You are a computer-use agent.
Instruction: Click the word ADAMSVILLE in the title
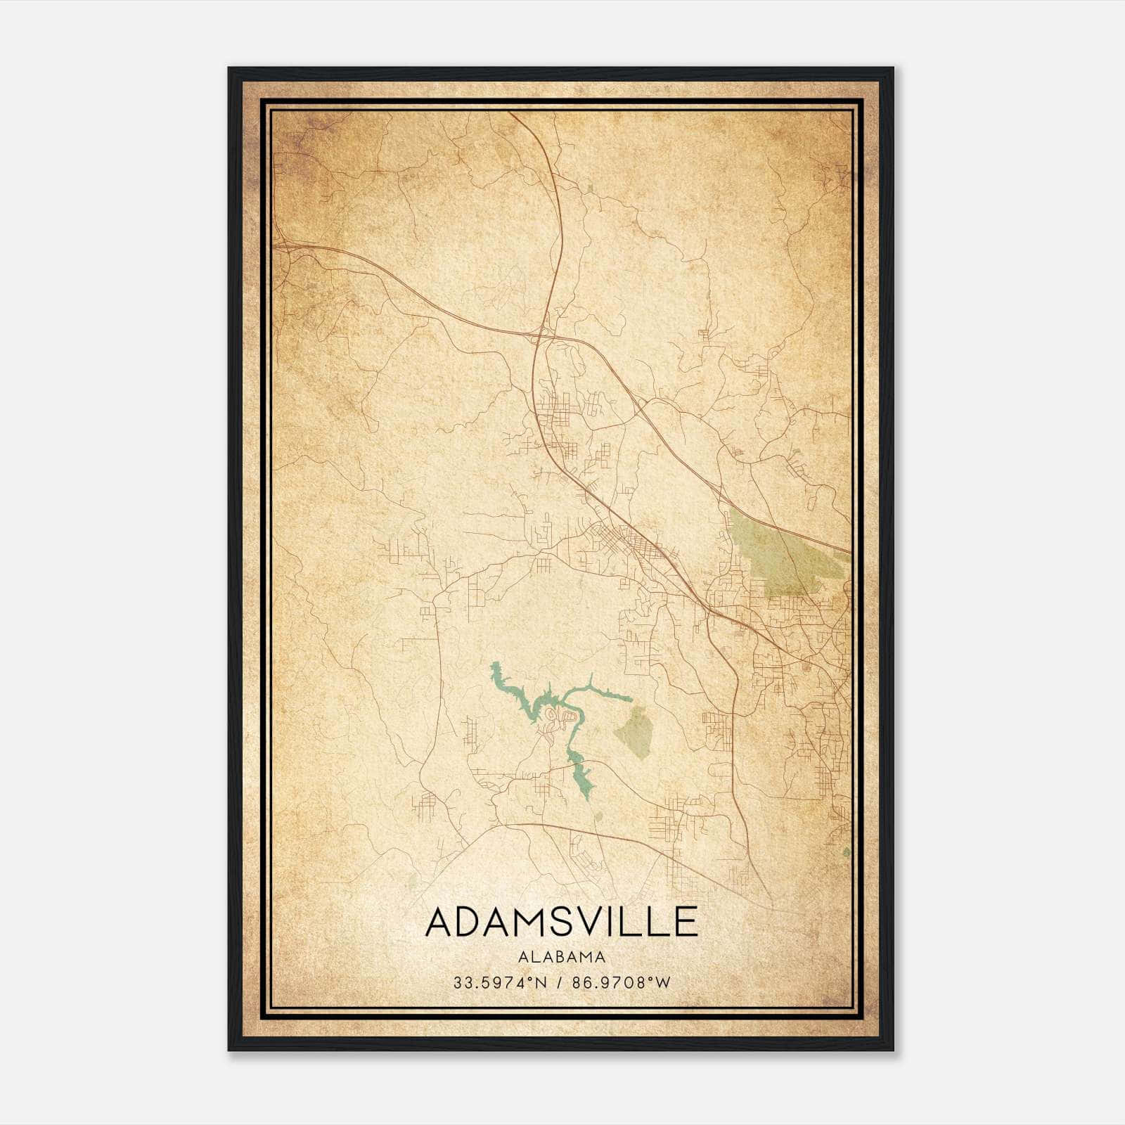(561, 922)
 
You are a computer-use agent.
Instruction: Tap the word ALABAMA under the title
(562, 956)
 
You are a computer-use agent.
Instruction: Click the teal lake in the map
(534, 703)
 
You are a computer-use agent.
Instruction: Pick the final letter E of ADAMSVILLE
(686, 922)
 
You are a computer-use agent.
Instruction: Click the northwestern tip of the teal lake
(494, 664)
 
